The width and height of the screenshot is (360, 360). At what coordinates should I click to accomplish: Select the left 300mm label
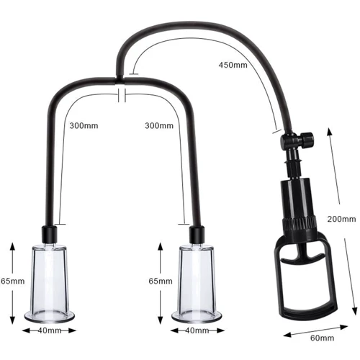pos(84,126)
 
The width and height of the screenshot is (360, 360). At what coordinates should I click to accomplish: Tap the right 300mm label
pos(160,126)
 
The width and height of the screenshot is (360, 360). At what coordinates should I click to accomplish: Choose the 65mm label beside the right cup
pos(160,281)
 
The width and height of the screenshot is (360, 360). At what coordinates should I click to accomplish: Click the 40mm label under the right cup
pos(196,330)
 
